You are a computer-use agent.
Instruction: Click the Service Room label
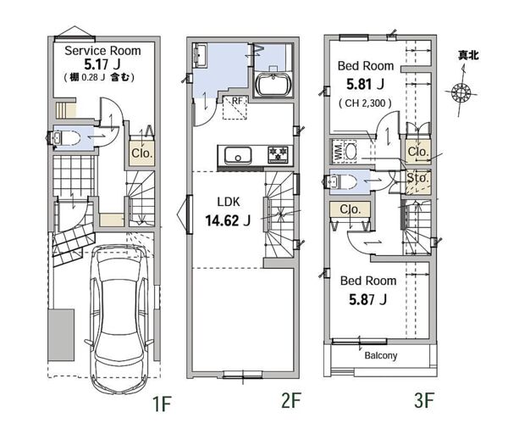click(102, 51)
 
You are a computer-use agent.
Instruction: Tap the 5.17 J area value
click(102, 64)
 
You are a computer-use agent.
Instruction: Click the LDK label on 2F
click(229, 202)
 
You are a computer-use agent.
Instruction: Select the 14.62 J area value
click(228, 220)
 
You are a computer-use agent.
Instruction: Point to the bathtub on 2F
click(273, 85)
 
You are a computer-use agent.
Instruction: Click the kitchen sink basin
click(238, 155)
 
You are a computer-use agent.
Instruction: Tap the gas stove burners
click(278, 154)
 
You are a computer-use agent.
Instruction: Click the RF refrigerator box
click(235, 108)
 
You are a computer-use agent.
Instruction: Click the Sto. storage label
click(417, 178)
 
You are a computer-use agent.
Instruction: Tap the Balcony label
click(381, 355)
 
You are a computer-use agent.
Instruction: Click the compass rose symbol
click(461, 92)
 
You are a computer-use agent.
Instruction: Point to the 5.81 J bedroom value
click(365, 84)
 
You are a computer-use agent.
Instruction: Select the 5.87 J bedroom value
click(367, 299)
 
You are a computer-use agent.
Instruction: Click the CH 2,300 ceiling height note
click(365, 103)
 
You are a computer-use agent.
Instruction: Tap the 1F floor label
click(162, 404)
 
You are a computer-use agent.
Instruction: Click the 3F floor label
click(424, 400)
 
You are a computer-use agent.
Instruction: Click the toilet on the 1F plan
click(65, 137)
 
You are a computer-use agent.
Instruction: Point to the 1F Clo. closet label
click(142, 153)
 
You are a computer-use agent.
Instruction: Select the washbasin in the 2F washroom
click(200, 56)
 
